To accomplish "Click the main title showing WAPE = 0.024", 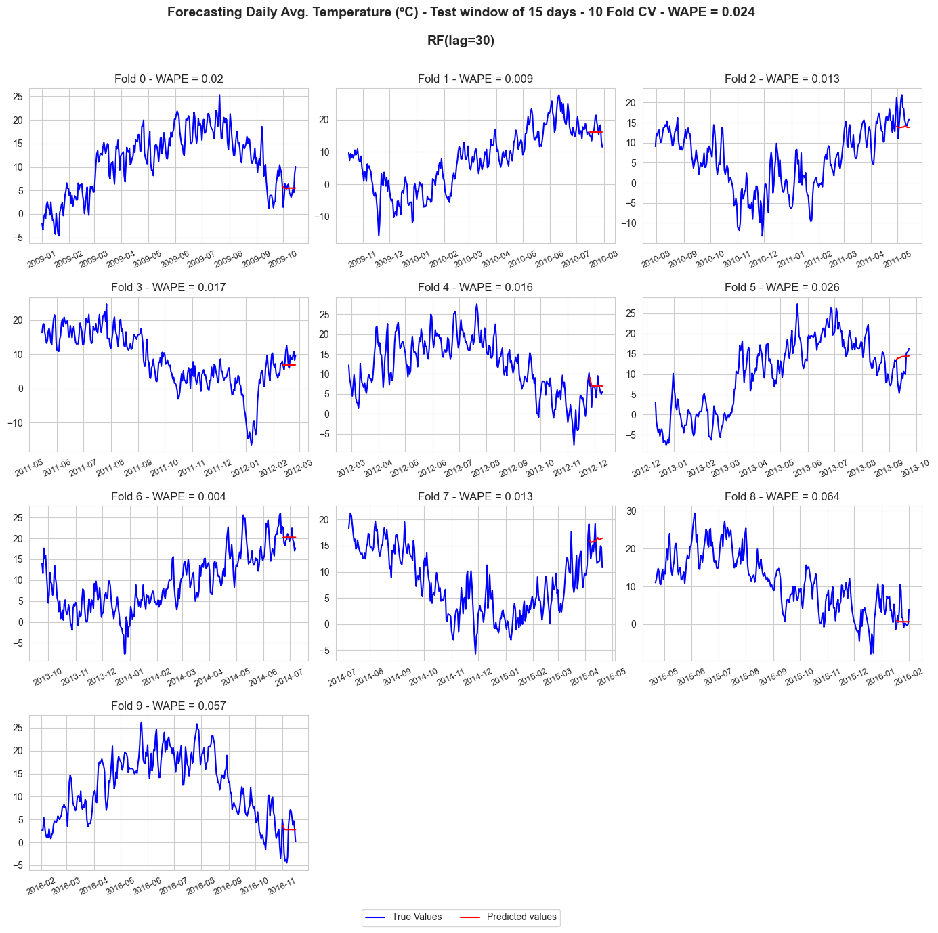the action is [x=461, y=12].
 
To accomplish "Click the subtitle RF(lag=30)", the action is [x=461, y=41].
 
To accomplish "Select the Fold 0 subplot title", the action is [x=169, y=79].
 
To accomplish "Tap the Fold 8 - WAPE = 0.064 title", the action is [x=782, y=496].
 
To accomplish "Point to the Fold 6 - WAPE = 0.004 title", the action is [x=169, y=496].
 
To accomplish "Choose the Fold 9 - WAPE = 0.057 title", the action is [x=169, y=706].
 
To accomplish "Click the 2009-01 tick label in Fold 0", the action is [x=41, y=259].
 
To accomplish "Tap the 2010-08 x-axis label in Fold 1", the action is [x=603, y=259].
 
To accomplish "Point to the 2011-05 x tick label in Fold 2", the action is [x=897, y=259].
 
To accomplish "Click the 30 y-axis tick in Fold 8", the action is [x=631, y=511].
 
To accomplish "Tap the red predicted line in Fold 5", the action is [x=903, y=357].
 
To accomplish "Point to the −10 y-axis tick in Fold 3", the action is [x=15, y=423].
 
